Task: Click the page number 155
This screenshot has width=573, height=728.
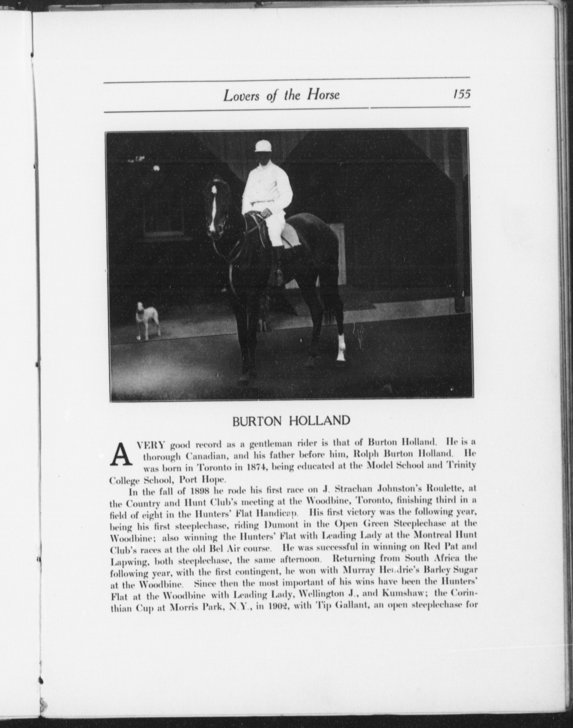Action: (x=462, y=94)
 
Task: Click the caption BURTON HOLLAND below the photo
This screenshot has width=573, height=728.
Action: (x=291, y=421)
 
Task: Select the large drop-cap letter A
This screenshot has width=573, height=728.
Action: (x=120, y=455)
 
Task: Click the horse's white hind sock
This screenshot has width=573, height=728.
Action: (x=341, y=347)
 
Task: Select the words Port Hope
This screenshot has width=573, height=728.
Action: (x=202, y=479)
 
